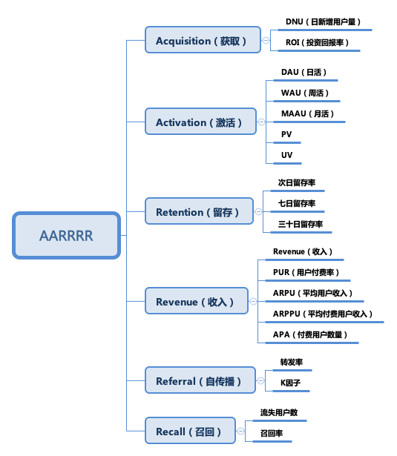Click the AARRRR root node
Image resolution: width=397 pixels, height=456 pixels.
[66, 235]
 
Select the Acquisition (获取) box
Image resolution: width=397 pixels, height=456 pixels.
[203, 40]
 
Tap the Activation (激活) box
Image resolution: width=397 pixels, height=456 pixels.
[200, 122]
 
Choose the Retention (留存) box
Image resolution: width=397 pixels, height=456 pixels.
[199, 211]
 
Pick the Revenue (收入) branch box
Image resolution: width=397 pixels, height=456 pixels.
[197, 301]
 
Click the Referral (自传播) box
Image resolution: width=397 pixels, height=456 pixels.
[200, 380]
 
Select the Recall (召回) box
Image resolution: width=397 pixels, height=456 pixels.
[190, 430]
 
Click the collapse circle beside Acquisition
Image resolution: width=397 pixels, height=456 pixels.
[266, 40]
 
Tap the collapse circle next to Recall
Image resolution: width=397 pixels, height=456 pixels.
[240, 431]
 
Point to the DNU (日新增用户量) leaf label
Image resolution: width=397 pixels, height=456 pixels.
[323, 22]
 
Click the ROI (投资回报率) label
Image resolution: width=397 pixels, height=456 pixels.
[317, 42]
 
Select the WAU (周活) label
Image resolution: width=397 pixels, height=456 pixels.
[305, 93]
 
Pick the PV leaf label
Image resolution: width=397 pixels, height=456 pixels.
[286, 134]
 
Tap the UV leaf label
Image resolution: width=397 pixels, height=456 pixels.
[286, 155]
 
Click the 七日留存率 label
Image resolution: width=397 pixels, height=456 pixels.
[297, 203]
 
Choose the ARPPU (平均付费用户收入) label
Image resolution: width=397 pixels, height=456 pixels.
[323, 314]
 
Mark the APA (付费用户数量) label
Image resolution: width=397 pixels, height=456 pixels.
[310, 334]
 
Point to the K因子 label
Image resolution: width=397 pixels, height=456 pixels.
[290, 383]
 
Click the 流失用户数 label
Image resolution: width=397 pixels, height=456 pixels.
[279, 412]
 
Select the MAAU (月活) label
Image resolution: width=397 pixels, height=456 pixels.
[307, 113]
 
